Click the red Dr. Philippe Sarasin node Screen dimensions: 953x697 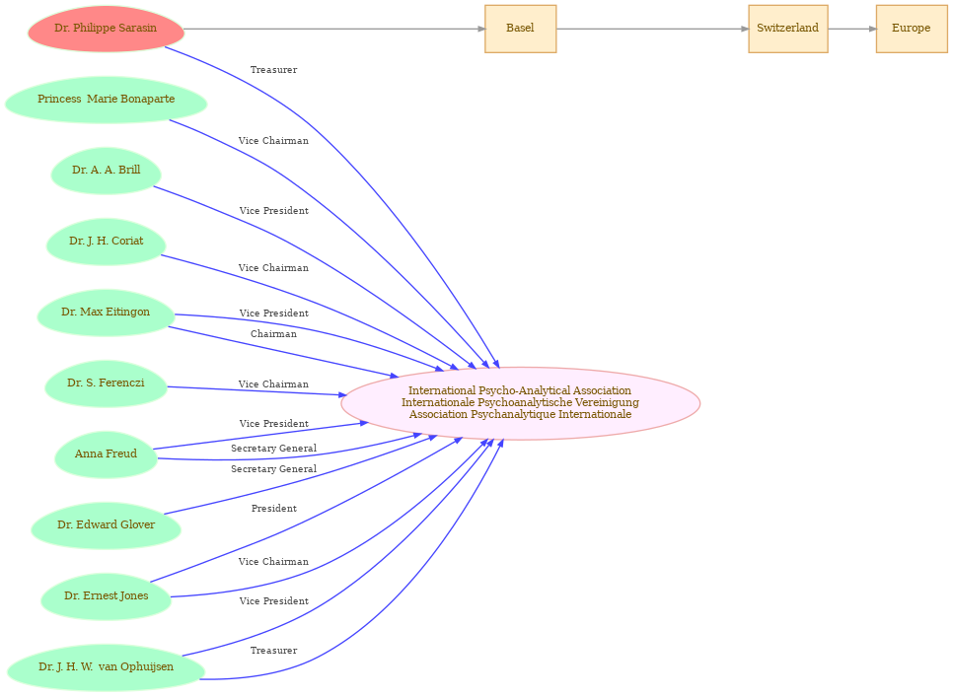click(x=106, y=29)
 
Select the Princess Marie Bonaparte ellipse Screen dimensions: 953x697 click(x=106, y=100)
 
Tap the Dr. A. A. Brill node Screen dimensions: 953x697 click(x=106, y=171)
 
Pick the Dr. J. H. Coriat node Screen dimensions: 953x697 click(x=106, y=242)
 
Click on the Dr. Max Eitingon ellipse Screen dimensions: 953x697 click(x=106, y=313)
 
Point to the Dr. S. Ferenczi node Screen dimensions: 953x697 click(x=106, y=383)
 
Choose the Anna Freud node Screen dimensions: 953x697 click(x=106, y=454)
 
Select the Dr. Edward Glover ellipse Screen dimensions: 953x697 click(x=106, y=525)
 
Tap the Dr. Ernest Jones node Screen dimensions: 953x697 click(x=106, y=596)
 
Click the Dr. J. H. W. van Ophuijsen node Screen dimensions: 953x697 click(x=106, y=667)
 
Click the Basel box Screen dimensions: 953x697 click(x=520, y=29)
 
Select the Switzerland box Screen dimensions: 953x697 click(x=787, y=29)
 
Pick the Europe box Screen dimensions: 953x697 click(x=911, y=29)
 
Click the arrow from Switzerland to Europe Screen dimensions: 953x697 click(x=852, y=29)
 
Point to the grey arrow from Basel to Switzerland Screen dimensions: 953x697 click(x=652, y=29)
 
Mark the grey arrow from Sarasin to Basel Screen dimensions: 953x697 click(x=334, y=29)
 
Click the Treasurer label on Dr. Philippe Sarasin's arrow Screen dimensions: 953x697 click(x=273, y=70)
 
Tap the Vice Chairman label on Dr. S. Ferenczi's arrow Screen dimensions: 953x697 click(x=273, y=384)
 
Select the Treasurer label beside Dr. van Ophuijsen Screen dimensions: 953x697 click(x=273, y=651)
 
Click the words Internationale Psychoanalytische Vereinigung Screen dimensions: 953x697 click(x=520, y=402)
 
